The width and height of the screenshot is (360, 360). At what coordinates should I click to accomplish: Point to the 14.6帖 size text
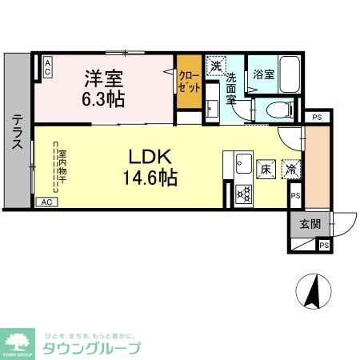coord(147,177)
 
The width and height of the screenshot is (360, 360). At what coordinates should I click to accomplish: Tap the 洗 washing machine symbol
coord(214,66)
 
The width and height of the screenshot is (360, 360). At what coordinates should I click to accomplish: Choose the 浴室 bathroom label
coord(264,73)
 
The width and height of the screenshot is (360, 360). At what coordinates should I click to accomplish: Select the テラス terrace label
coord(17,134)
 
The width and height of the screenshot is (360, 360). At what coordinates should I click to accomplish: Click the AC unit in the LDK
coord(47,202)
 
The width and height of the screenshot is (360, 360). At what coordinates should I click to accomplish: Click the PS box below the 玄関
coord(323,245)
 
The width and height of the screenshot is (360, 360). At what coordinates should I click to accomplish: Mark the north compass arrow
coord(314,290)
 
